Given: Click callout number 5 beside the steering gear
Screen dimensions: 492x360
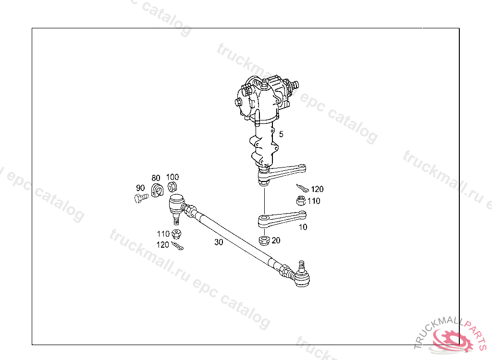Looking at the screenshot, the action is click(x=281, y=134).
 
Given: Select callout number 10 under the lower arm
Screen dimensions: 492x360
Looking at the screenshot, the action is click(x=303, y=227).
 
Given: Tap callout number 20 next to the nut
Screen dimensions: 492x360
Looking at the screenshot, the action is click(x=276, y=240).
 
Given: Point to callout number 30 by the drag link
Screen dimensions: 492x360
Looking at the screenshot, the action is click(x=219, y=242).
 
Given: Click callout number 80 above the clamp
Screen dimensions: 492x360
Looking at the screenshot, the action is click(x=156, y=178).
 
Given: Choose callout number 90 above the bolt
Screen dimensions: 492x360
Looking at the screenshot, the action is click(x=140, y=188).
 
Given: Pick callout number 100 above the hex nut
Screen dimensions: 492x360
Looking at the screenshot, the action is click(x=172, y=177).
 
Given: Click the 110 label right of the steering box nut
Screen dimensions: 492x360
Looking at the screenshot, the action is click(x=314, y=201).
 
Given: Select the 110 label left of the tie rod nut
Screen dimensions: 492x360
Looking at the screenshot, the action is click(x=163, y=234).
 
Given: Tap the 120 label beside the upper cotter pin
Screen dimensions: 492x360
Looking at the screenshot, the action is click(x=317, y=190).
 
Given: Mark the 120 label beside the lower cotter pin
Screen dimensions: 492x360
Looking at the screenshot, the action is click(x=163, y=244).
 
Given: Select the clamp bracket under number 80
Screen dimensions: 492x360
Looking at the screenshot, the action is click(x=157, y=190).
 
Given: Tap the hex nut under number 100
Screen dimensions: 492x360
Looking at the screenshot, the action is click(x=172, y=187).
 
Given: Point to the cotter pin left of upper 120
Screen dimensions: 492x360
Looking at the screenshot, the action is click(x=303, y=188).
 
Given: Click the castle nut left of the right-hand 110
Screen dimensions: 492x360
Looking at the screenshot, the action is click(x=300, y=201).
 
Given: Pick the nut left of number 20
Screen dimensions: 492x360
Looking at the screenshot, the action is click(x=264, y=240).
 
